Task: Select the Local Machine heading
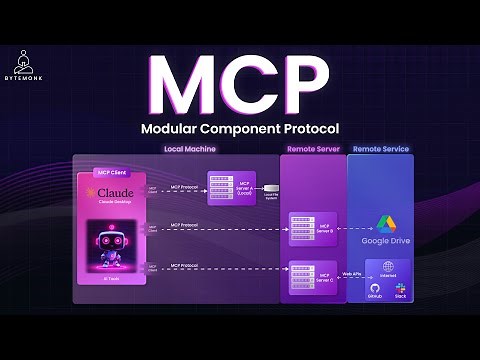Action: [x=190, y=149]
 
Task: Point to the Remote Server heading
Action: [x=312, y=149]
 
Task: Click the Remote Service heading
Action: [x=380, y=149]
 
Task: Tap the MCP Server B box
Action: [x=309, y=227]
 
